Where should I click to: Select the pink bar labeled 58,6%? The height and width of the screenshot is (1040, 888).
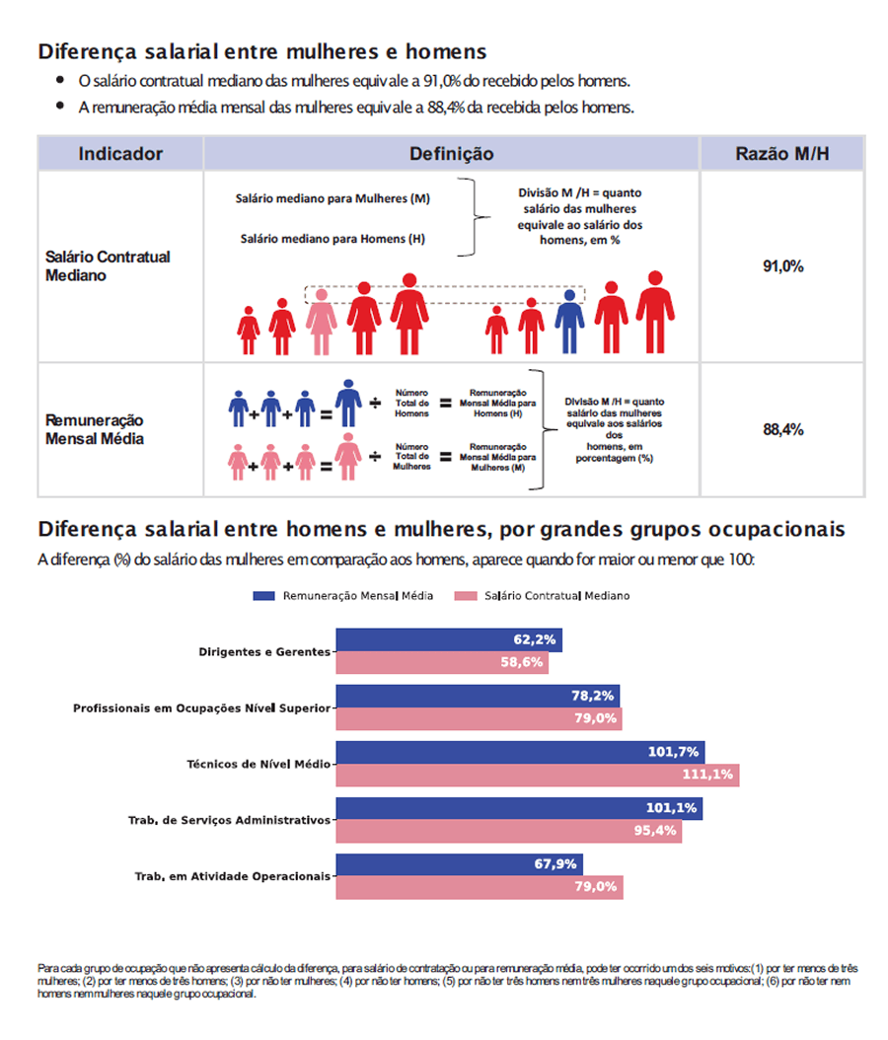441,662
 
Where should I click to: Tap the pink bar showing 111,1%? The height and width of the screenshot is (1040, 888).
537,775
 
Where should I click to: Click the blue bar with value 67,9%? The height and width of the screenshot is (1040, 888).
459,864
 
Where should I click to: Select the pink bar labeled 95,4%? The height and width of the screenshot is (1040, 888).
508,831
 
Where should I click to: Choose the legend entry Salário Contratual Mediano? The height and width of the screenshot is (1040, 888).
542,596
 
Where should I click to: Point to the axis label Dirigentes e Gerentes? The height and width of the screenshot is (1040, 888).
264,651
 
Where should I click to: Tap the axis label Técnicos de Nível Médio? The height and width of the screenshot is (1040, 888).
259,764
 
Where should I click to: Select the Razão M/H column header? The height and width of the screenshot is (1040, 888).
781,154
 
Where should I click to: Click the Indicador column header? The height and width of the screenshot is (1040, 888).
120,154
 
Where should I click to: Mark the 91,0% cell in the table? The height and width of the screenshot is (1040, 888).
782,266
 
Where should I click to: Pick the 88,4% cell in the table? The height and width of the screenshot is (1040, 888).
782,430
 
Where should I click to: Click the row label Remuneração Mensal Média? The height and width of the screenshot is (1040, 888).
95,429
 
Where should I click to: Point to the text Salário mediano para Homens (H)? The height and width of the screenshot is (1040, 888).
333,239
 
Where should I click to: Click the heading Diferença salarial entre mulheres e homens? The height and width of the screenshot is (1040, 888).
261,51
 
